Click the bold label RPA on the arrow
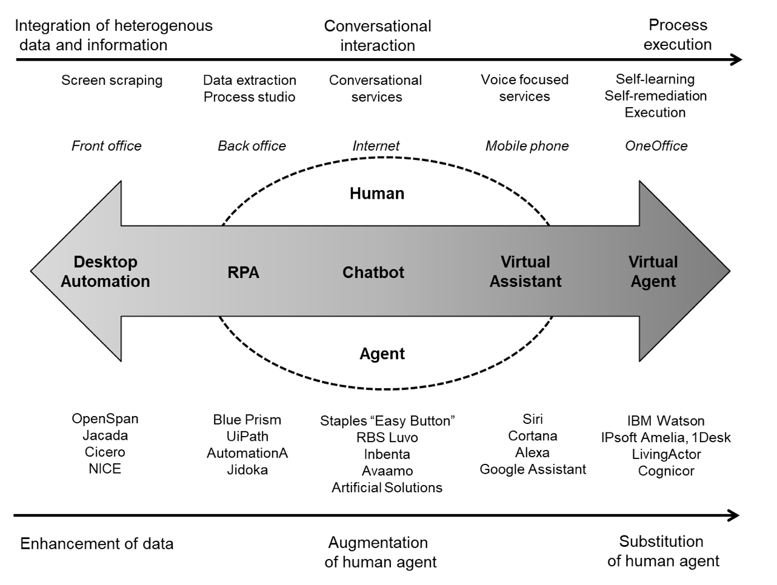click(243, 273)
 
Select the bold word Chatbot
click(373, 273)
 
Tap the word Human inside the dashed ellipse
click(377, 193)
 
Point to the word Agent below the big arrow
click(382, 354)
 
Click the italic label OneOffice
click(656, 146)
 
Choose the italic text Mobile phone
click(527, 146)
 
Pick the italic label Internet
click(376, 146)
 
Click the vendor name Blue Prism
click(247, 420)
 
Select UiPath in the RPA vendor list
click(247, 437)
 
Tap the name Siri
click(532, 419)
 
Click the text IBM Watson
click(665, 421)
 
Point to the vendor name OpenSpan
click(105, 419)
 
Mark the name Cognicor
click(666, 471)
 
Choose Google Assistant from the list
click(533, 469)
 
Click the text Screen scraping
click(112, 81)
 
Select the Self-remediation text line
click(655, 96)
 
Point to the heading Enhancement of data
click(96, 544)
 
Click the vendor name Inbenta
click(387, 454)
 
